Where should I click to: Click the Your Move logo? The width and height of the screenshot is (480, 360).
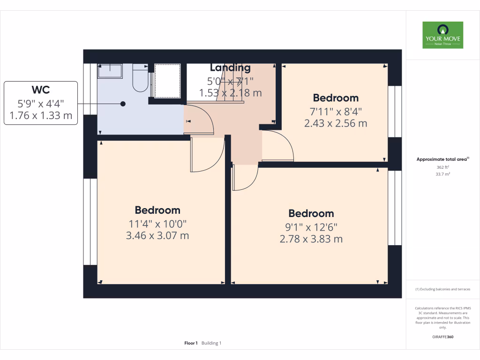click(x=442, y=35)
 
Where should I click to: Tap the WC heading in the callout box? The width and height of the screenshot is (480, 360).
click(x=41, y=90)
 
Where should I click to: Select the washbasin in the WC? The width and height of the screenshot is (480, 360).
click(x=110, y=71)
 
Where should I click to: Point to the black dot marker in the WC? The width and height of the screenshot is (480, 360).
click(x=123, y=104)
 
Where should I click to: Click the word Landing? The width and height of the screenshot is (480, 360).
click(x=230, y=68)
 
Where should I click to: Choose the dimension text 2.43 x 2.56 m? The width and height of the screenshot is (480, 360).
click(x=336, y=124)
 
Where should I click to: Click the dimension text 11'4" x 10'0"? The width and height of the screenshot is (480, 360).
click(x=157, y=224)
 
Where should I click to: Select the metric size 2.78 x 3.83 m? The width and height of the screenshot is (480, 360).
click(x=311, y=239)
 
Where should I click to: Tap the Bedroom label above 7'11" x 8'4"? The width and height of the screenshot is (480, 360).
click(x=336, y=98)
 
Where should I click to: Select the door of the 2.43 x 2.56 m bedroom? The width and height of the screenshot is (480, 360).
click(x=277, y=146)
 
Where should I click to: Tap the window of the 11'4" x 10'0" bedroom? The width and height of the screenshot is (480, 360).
click(x=90, y=221)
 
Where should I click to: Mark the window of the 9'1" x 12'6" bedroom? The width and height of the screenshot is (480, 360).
click(x=395, y=208)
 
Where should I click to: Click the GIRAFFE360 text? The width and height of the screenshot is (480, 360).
click(x=442, y=337)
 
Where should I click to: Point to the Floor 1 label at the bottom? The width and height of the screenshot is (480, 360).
click(x=191, y=343)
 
